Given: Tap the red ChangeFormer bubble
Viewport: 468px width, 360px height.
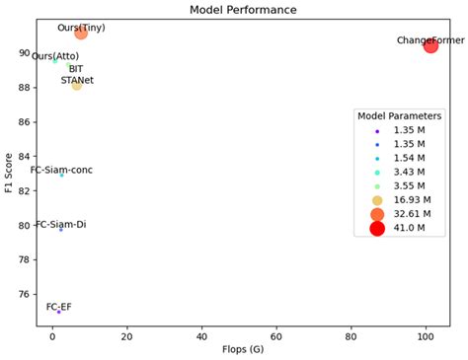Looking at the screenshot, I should (430, 45).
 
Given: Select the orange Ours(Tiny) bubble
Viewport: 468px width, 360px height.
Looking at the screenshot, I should (81, 33).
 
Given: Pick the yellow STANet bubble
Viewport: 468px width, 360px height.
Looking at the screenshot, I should (77, 86).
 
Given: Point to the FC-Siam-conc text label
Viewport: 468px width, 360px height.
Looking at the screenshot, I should (61, 171).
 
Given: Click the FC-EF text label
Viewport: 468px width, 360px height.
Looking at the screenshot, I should (58, 307).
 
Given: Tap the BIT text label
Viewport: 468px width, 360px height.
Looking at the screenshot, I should (76, 69).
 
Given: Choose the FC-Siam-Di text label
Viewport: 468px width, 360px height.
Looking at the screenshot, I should (61, 225).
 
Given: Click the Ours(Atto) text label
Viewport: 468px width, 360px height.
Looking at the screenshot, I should (55, 56).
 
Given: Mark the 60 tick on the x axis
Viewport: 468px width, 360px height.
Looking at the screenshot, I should (276, 335).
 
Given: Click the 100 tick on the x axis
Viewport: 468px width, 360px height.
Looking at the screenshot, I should (426, 335).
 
